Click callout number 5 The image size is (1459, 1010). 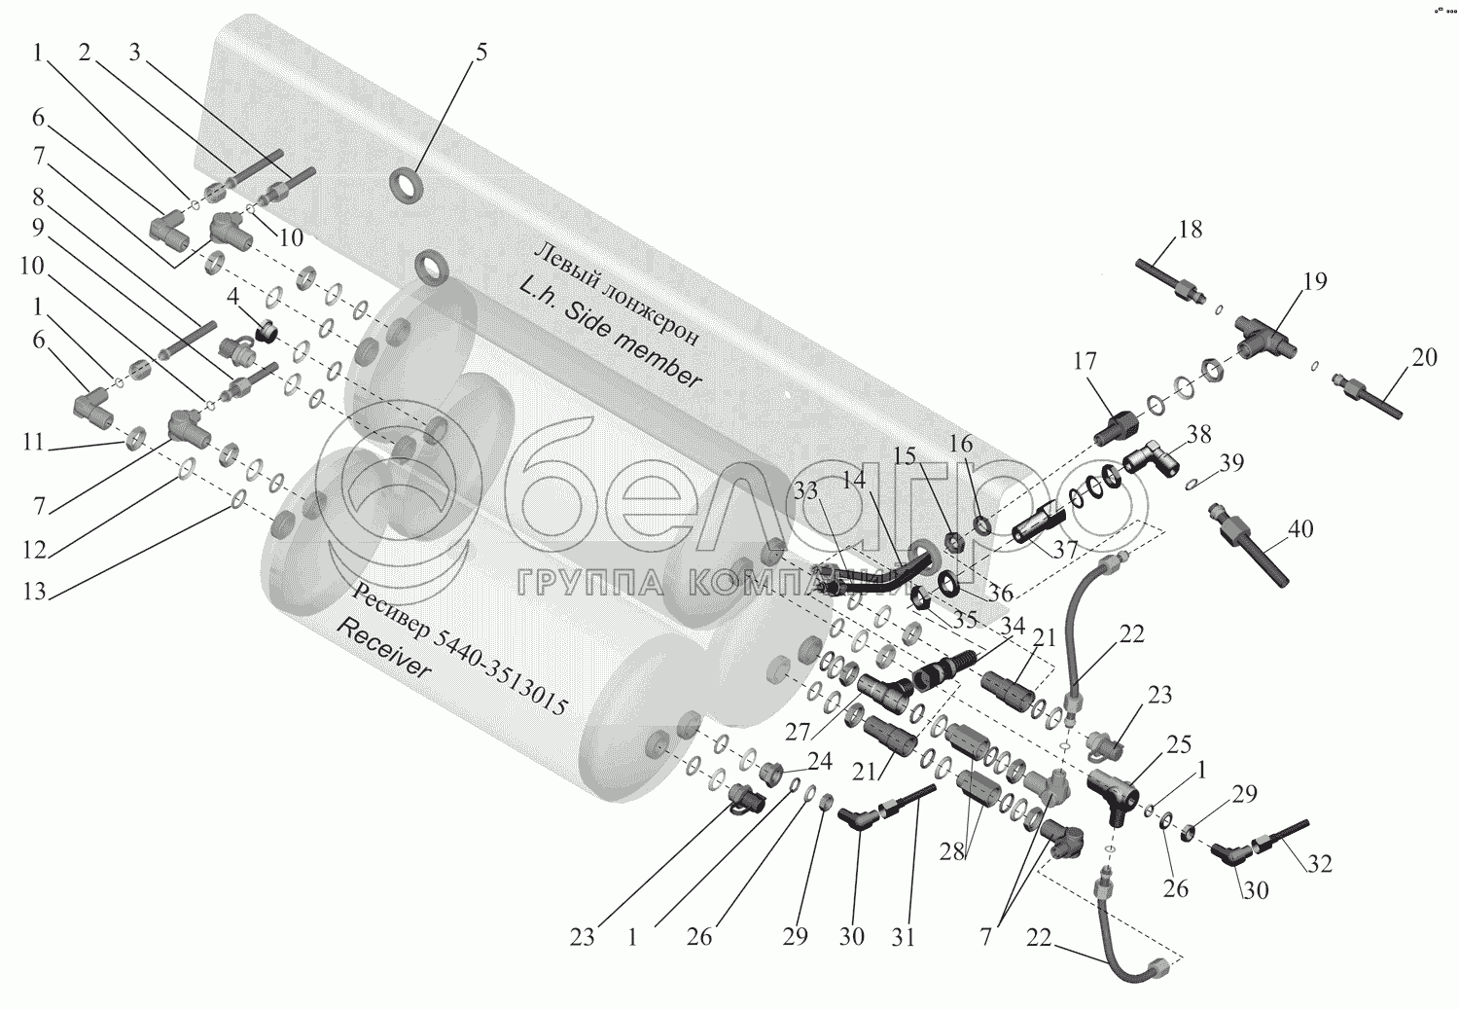click(480, 53)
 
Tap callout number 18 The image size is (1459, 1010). click(1191, 230)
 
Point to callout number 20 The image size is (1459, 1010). click(1425, 357)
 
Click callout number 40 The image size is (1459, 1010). click(1300, 529)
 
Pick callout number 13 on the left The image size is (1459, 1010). click(34, 592)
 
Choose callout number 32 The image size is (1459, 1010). click(1320, 864)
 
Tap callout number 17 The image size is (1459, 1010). click(1085, 361)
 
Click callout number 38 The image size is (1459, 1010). click(1198, 434)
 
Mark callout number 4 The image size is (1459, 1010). click(232, 297)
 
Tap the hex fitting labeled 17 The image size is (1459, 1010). click(1113, 426)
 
